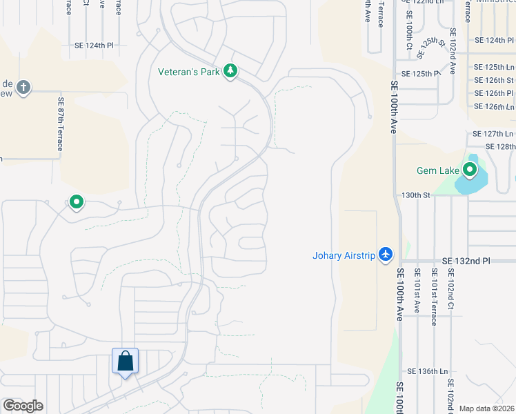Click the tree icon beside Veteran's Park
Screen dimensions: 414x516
coord(230,71)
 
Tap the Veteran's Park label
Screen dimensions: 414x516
coord(188,71)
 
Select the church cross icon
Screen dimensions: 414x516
coord(23,87)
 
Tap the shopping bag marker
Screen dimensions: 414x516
coord(125,361)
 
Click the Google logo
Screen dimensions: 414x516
coord(23,406)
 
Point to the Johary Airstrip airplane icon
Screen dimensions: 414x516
coord(385,255)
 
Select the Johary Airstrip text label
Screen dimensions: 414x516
coord(344,256)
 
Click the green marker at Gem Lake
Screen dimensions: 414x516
coord(470,169)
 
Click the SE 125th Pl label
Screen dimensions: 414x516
coord(420,73)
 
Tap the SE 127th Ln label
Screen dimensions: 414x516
coord(493,133)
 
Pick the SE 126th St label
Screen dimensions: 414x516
coord(495,80)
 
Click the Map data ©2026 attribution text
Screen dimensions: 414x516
coord(487,408)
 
